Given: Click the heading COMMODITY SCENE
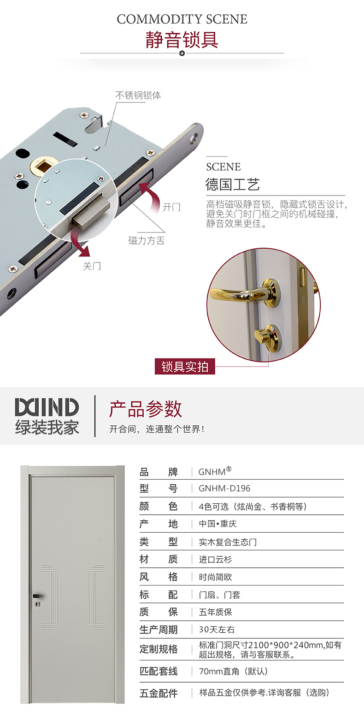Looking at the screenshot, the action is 182,19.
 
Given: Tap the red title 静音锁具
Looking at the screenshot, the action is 182,40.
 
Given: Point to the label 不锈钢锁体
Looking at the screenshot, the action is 138,95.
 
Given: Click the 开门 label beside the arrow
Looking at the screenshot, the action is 171,207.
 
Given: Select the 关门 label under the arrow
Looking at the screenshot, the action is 92,266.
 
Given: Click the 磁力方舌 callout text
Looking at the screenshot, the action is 147,240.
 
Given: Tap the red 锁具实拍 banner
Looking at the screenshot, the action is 185,366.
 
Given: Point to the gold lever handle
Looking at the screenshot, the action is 244,292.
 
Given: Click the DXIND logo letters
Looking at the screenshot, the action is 47,407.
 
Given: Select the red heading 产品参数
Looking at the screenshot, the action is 146,409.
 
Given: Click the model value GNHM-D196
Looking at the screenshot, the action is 224,488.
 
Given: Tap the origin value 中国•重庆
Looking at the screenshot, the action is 217,524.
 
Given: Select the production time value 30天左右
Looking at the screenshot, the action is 217,629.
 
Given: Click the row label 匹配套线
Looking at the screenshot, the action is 159,671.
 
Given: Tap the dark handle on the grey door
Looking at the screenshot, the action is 37,596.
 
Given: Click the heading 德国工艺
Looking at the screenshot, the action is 232,184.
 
